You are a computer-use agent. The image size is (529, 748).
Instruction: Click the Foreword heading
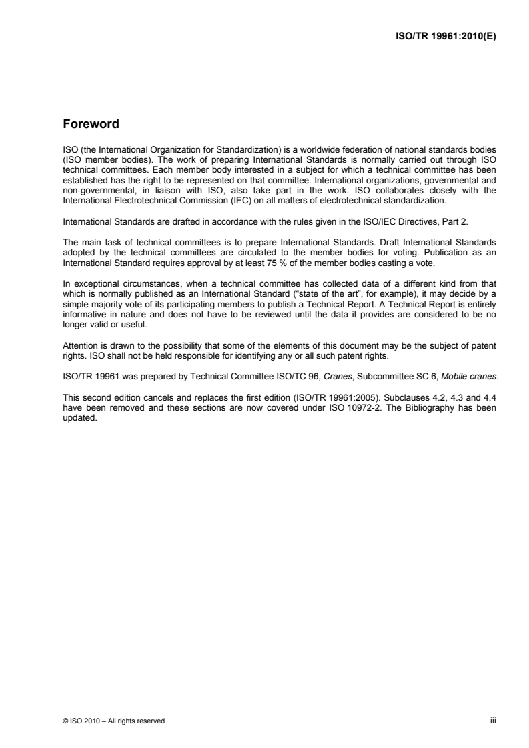91,124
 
